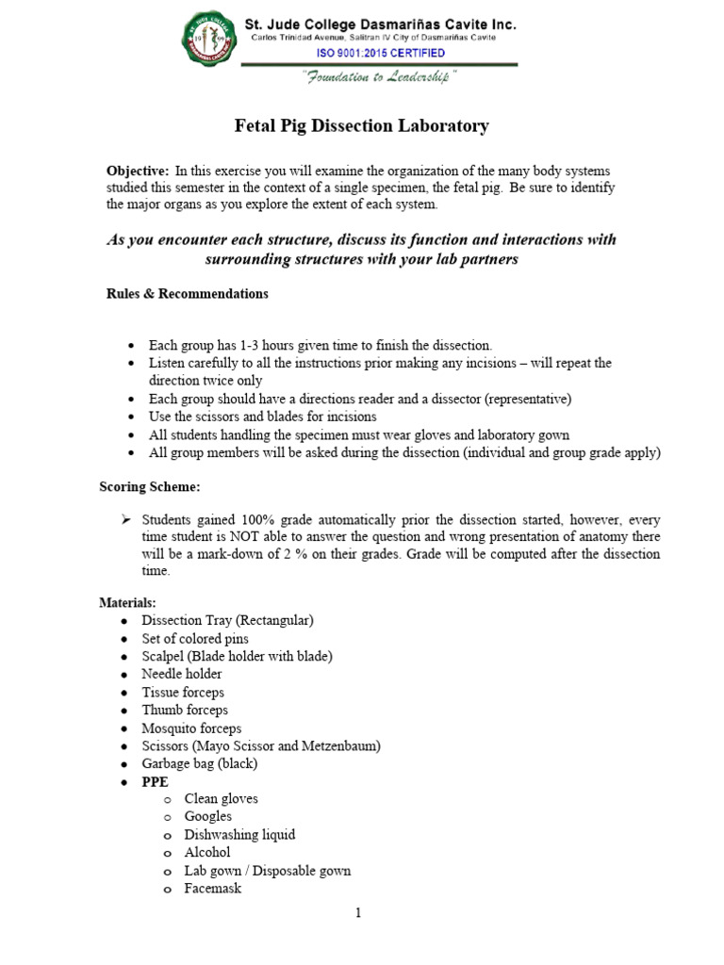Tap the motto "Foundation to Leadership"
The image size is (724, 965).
380,78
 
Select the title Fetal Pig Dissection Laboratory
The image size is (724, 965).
361,125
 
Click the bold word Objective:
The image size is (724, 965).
138,171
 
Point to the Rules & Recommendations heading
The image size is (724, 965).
187,293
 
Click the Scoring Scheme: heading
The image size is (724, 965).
150,486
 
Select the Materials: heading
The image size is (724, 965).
127,602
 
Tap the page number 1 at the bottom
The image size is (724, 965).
358,912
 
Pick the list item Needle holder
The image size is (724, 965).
182,674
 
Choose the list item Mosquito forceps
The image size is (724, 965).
191,728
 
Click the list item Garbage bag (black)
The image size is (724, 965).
199,763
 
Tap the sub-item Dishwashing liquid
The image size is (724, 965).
239,834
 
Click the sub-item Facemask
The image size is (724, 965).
213,888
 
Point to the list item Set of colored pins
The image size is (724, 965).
195,638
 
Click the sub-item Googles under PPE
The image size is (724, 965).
207,816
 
